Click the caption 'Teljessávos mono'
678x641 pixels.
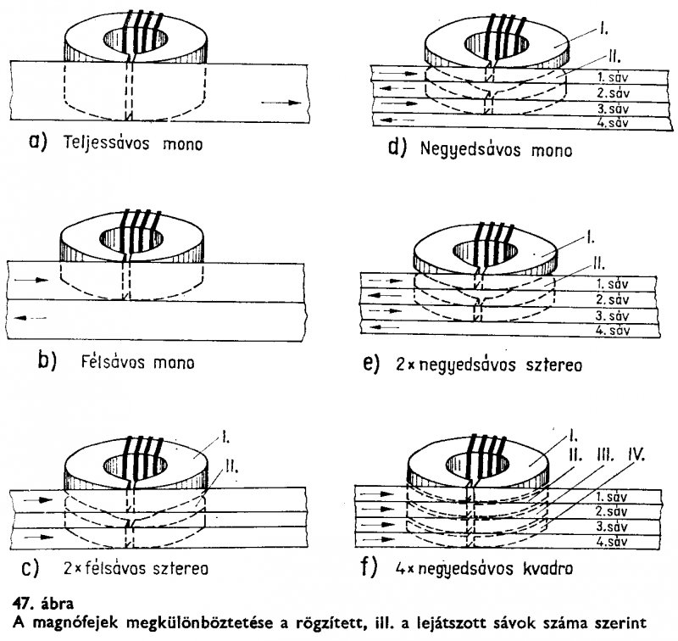point(131,143)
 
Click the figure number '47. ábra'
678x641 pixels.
point(33,605)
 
